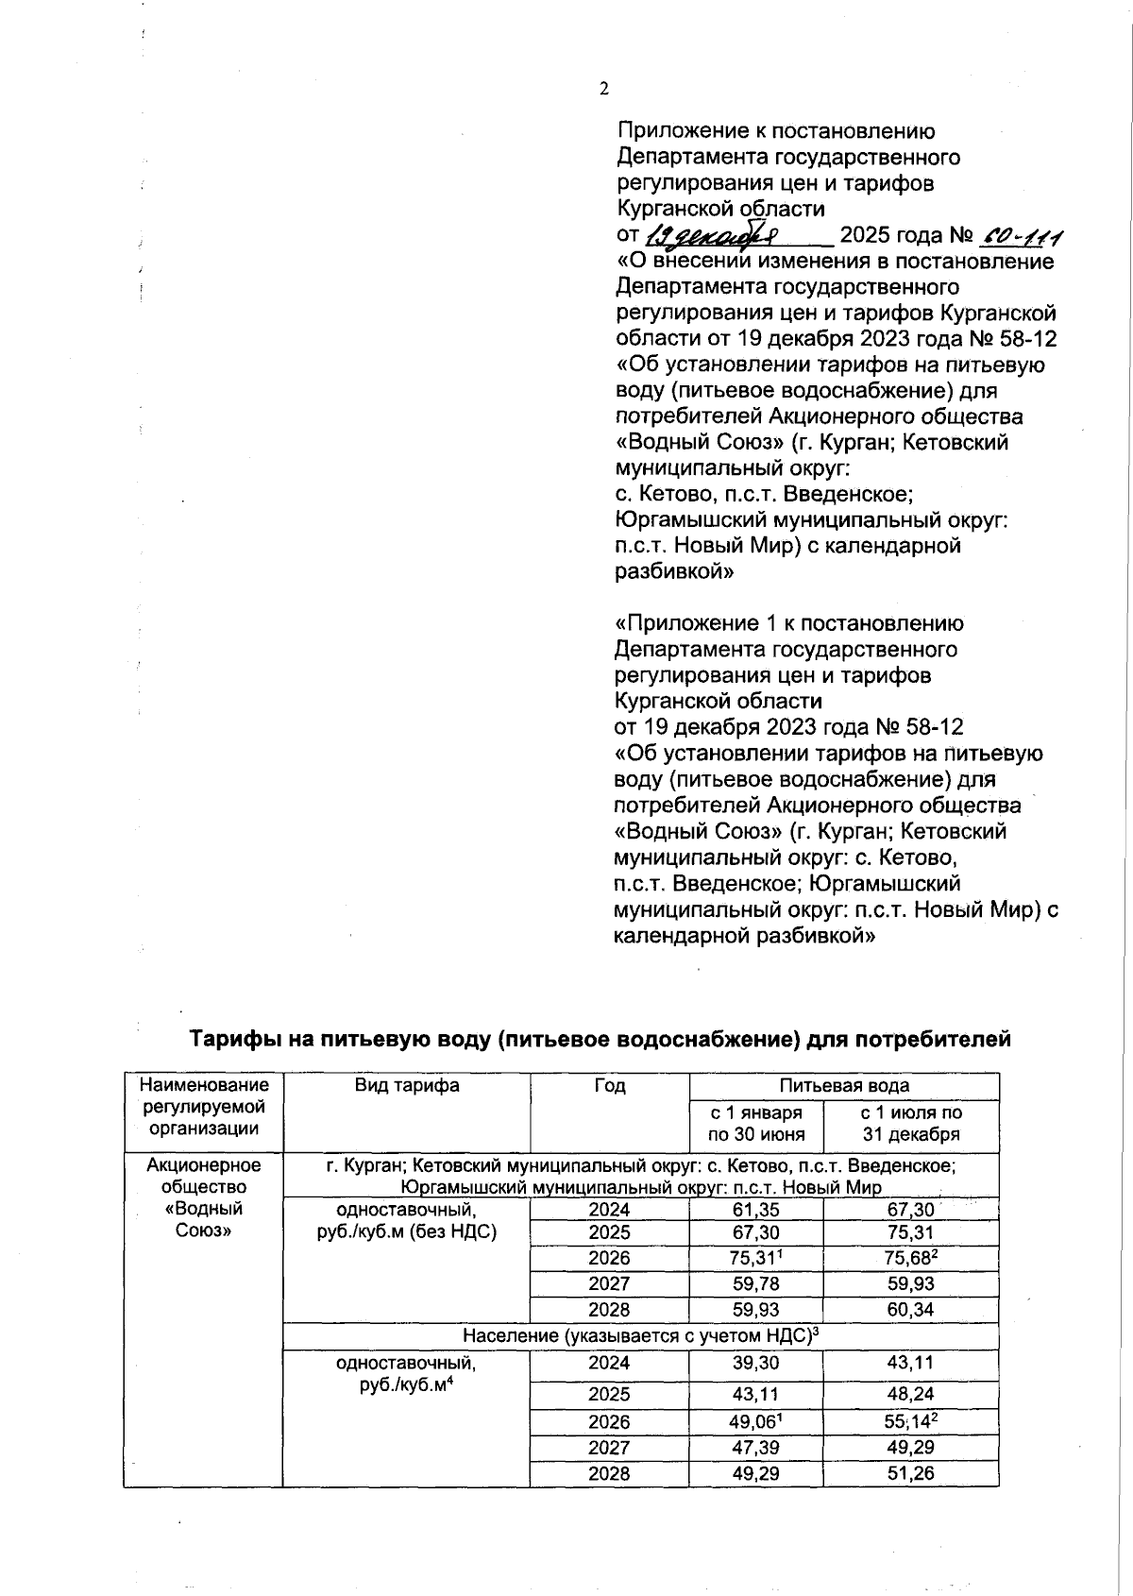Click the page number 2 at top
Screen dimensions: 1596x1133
click(604, 90)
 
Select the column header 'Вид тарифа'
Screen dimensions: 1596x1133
click(407, 1085)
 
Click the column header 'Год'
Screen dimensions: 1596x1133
click(609, 1085)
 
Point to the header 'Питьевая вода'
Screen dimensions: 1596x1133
click(844, 1085)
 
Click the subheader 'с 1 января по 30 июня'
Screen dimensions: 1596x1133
click(756, 1124)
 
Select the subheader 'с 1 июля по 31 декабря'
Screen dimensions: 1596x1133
click(910, 1124)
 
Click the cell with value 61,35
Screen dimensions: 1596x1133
click(755, 1210)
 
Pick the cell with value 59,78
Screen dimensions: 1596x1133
click(755, 1284)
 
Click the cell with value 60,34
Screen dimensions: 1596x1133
click(910, 1310)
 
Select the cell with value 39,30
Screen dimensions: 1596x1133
click(755, 1363)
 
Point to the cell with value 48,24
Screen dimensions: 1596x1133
click(910, 1394)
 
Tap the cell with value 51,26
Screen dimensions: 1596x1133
click(910, 1472)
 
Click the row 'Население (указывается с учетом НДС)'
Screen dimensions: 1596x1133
click(640, 1335)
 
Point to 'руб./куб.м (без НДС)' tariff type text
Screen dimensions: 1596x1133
click(407, 1232)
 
